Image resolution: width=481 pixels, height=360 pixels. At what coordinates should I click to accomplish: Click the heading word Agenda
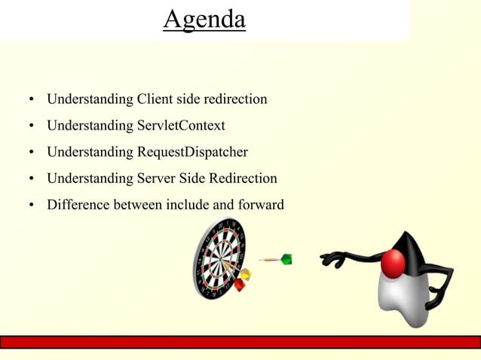204,20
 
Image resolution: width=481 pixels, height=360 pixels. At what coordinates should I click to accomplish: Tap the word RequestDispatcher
192,152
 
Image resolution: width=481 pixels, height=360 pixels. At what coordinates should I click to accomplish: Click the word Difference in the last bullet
78,203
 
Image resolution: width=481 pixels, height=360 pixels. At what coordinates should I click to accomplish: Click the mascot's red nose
393,264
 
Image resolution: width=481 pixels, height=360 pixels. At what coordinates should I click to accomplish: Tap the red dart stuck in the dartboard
240,284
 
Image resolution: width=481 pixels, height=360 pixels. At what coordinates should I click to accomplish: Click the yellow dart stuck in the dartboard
244,273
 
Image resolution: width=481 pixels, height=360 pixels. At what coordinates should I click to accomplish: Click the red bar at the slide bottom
240,342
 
